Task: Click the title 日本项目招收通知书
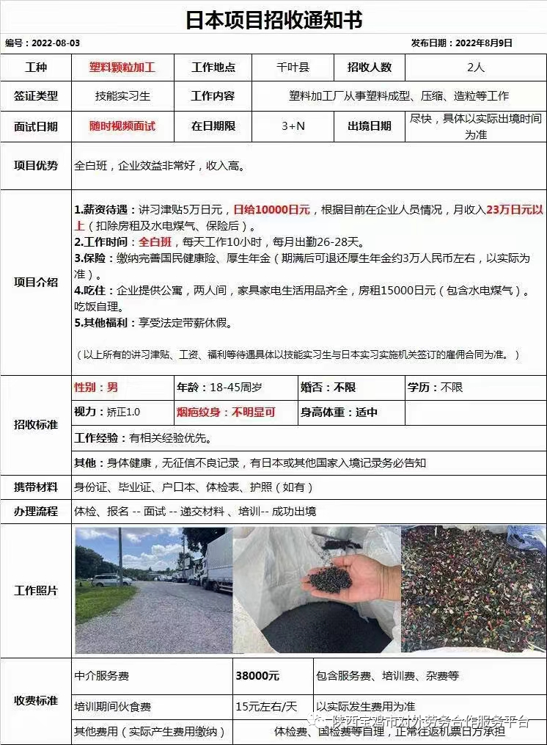273,18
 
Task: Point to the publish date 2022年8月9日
484,43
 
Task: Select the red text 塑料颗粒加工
122,68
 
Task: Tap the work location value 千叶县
293,68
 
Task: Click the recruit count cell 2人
475,68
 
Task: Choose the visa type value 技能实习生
122,96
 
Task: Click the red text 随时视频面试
122,126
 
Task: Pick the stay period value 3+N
293,126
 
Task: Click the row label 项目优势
36,166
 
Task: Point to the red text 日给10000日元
271,210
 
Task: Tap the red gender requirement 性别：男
96,388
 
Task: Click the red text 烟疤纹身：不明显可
226,413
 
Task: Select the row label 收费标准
36,701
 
